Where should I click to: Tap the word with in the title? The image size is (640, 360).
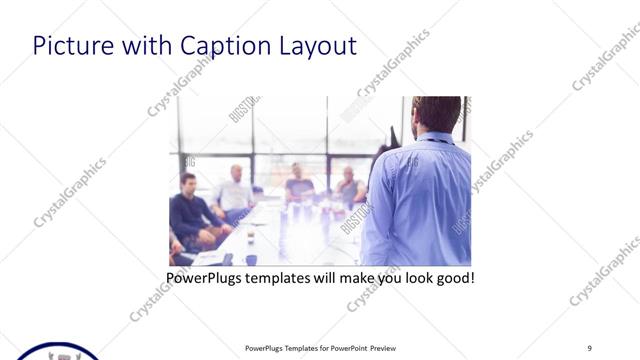(146, 46)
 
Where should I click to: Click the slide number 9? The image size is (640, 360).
(589, 348)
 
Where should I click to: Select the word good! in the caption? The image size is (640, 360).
(453, 276)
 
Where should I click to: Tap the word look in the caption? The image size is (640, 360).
(410, 276)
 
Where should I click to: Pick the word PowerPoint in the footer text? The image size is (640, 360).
(346, 348)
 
